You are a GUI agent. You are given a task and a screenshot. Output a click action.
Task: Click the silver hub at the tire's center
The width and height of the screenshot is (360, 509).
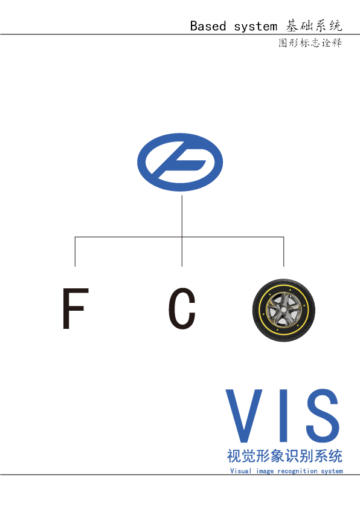(x=284, y=310)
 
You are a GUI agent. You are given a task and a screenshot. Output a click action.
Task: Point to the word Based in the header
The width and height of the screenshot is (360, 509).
(x=208, y=26)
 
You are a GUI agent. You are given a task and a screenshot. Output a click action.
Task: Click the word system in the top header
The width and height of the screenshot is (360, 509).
(x=256, y=27)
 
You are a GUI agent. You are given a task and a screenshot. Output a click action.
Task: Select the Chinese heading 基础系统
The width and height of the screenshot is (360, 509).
(x=314, y=25)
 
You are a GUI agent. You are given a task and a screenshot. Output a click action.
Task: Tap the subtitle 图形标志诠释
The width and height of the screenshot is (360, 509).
(x=310, y=43)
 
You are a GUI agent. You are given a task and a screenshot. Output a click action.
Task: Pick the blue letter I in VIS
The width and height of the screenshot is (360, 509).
(x=283, y=415)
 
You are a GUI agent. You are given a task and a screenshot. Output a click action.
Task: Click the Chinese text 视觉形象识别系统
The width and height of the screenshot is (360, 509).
(x=284, y=456)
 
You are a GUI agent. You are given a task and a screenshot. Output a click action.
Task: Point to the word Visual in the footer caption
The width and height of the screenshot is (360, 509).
(x=240, y=471)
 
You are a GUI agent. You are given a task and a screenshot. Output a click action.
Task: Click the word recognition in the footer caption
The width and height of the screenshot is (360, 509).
(x=297, y=471)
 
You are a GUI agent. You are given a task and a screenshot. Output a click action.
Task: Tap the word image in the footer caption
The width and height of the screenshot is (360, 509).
(x=265, y=471)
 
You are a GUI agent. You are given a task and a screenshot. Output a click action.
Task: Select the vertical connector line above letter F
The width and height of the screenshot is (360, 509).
(x=75, y=251)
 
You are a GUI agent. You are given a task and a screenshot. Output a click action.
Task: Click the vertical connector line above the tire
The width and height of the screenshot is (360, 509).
(x=284, y=251)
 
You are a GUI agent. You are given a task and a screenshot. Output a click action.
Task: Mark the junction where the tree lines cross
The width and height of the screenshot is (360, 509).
(x=182, y=236)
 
